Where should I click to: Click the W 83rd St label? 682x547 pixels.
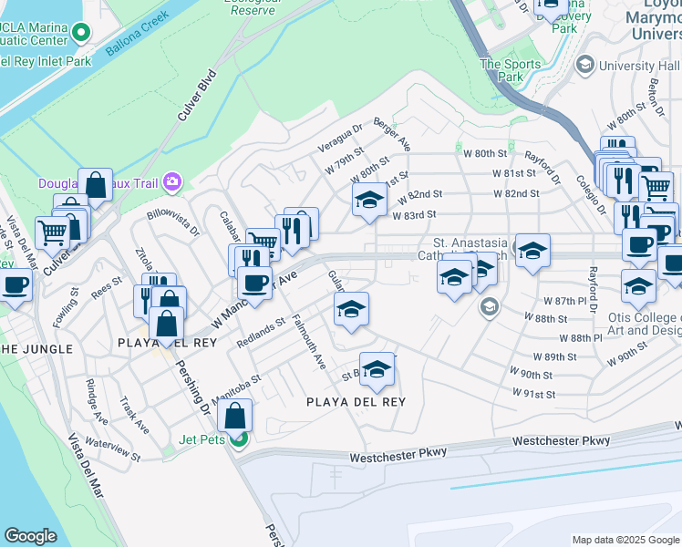click(416, 215)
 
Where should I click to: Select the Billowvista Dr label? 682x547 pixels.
click(172, 224)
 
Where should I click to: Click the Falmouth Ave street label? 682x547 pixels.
click(309, 342)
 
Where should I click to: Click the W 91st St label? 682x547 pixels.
click(532, 394)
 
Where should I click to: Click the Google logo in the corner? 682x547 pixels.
click(31, 536)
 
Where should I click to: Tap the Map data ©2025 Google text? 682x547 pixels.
click(625, 540)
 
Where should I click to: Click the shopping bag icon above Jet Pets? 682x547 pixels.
click(235, 416)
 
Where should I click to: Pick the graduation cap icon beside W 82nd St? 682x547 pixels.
click(369, 201)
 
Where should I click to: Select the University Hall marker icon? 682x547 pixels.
click(584, 65)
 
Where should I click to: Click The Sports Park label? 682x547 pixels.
click(502, 70)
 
